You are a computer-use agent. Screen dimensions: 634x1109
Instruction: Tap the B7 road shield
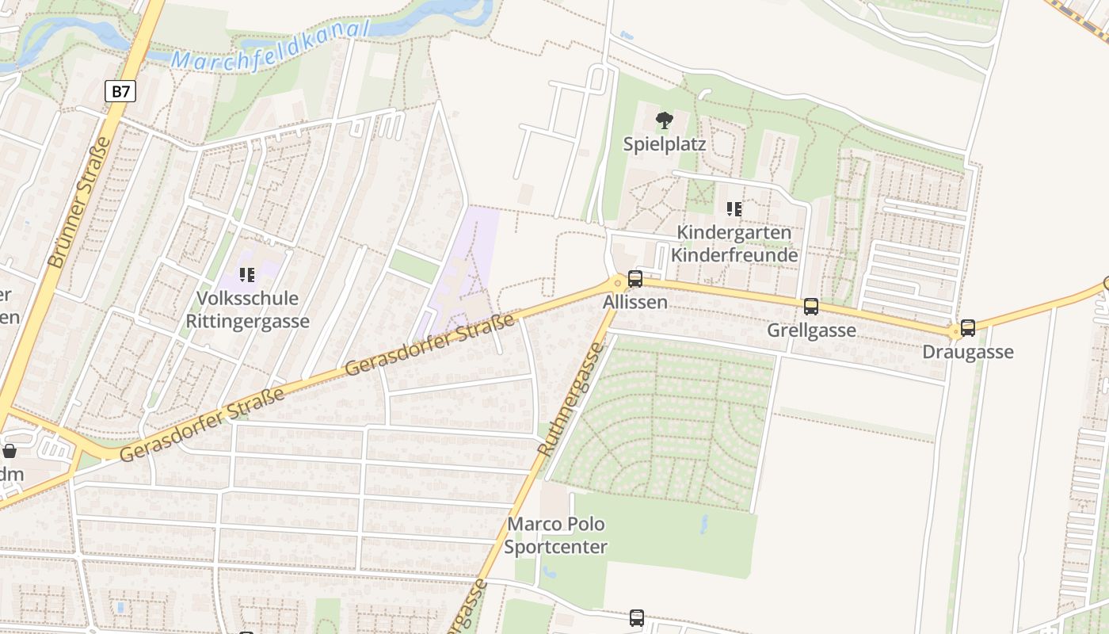120,92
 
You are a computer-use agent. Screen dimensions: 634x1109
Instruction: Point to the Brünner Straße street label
79,202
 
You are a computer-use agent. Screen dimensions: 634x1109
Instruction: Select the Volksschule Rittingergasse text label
247,310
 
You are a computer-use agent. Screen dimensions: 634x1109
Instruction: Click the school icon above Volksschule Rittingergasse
247,275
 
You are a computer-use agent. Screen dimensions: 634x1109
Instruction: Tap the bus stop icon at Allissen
635,278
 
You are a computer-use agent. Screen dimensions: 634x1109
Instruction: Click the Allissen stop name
635,303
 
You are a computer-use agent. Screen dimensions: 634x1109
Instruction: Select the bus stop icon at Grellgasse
811,306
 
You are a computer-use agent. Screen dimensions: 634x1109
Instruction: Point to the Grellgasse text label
811,330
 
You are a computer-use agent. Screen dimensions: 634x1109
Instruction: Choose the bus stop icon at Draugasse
968,327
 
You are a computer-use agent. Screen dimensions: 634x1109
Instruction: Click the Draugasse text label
968,352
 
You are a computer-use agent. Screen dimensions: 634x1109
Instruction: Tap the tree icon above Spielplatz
664,120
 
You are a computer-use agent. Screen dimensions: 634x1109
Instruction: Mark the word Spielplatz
664,145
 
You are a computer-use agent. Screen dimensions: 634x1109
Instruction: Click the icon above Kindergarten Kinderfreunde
734,209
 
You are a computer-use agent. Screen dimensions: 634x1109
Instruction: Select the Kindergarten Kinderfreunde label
734,244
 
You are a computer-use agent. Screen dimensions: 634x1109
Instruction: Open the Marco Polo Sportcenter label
556,536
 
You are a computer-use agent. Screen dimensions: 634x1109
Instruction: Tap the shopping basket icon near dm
10,451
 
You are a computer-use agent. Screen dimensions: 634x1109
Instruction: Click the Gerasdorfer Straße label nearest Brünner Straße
203,425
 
